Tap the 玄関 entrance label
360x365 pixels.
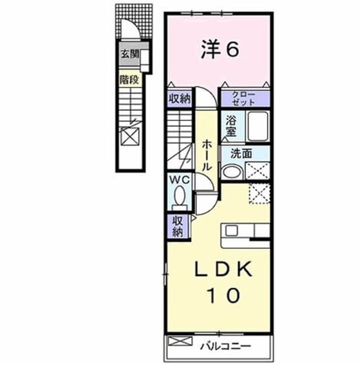(x=130, y=54)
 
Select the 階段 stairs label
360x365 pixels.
(x=129, y=80)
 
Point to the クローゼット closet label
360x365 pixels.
(x=244, y=98)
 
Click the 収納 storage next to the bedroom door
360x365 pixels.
(x=180, y=99)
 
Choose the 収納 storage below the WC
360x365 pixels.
(x=178, y=226)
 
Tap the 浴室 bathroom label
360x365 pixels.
(x=231, y=126)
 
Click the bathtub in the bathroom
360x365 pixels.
(x=258, y=126)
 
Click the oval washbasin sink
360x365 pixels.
(x=232, y=172)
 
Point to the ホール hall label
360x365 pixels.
(x=206, y=155)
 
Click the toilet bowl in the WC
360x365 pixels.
(x=179, y=195)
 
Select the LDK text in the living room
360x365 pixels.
(x=223, y=269)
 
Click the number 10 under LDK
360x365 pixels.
(x=223, y=295)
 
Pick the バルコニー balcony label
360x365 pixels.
(x=226, y=346)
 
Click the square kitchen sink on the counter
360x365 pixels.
(x=232, y=231)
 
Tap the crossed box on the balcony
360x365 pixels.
(x=180, y=341)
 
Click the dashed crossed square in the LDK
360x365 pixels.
(x=259, y=194)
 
